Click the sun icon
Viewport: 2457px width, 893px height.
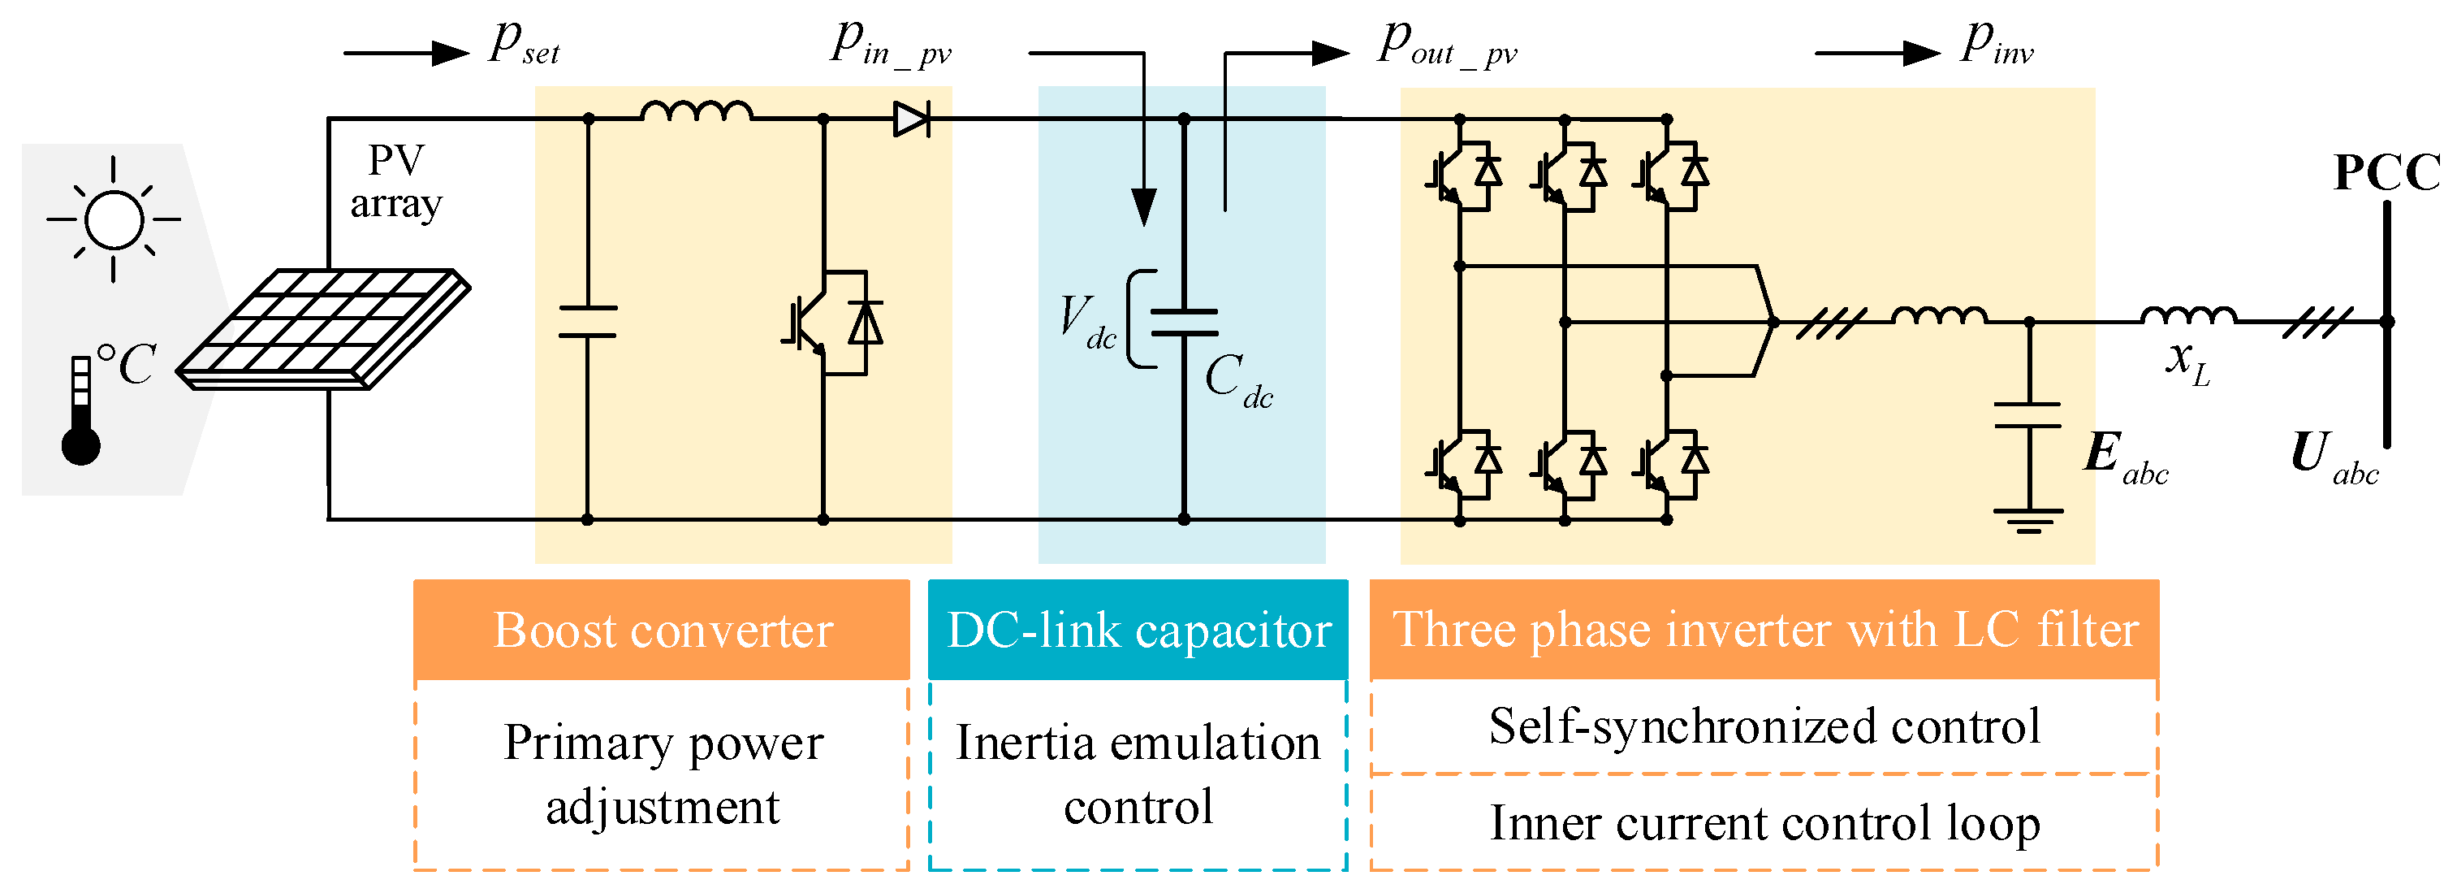tap(114, 219)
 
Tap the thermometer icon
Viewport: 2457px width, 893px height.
tap(81, 411)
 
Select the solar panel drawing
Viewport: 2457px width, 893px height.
tap(323, 329)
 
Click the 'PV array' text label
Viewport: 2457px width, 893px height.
tap(395, 181)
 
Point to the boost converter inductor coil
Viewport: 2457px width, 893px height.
tap(697, 111)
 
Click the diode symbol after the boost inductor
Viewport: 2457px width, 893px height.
tap(912, 119)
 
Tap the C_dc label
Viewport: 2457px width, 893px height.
tap(1238, 379)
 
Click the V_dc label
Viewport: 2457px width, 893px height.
tap(1087, 322)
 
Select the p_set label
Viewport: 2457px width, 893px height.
tap(524, 44)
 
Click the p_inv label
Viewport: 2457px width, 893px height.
tap(1997, 44)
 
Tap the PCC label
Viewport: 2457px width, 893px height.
tap(2386, 173)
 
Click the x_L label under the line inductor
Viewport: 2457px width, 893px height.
tap(2188, 363)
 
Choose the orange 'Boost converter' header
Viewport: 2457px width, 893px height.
tap(662, 630)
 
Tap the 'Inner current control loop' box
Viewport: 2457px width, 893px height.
tap(1764, 822)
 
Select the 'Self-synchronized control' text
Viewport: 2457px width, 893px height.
tap(1764, 726)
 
